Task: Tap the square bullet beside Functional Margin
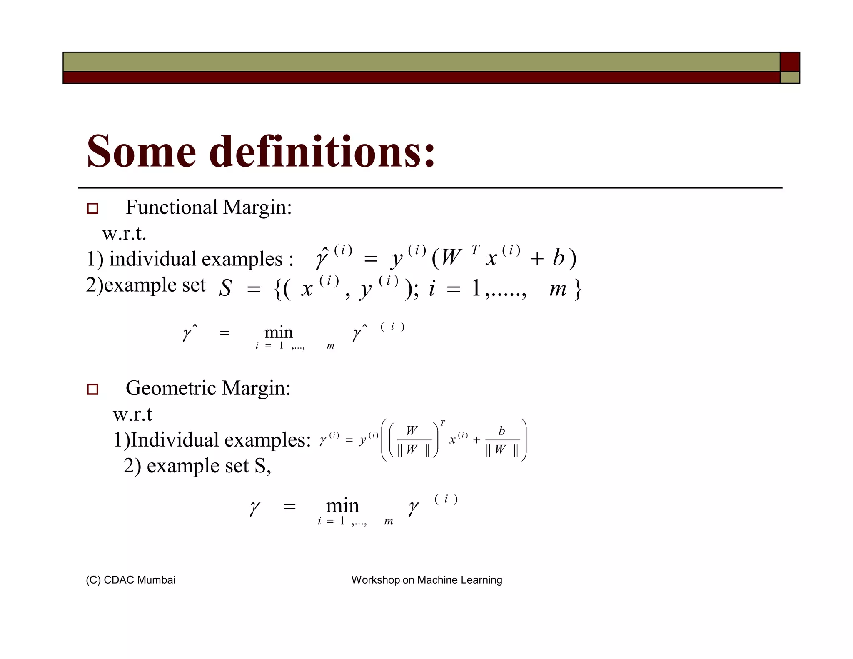click(x=92, y=208)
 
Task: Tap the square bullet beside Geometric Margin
click(x=92, y=389)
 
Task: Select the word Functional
click(x=172, y=207)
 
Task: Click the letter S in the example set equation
click(x=225, y=288)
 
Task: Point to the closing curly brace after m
click(x=578, y=289)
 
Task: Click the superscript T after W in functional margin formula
click(x=475, y=250)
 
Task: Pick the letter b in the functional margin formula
click(x=558, y=258)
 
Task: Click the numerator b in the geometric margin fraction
click(x=502, y=431)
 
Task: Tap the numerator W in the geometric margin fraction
click(x=412, y=430)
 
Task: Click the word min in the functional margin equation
click(x=279, y=332)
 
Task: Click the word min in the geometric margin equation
click(x=342, y=506)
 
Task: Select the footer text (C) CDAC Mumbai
click(x=130, y=580)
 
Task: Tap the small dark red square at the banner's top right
click(x=789, y=62)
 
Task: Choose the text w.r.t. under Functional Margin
click(x=124, y=233)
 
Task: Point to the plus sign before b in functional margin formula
click(x=537, y=259)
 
